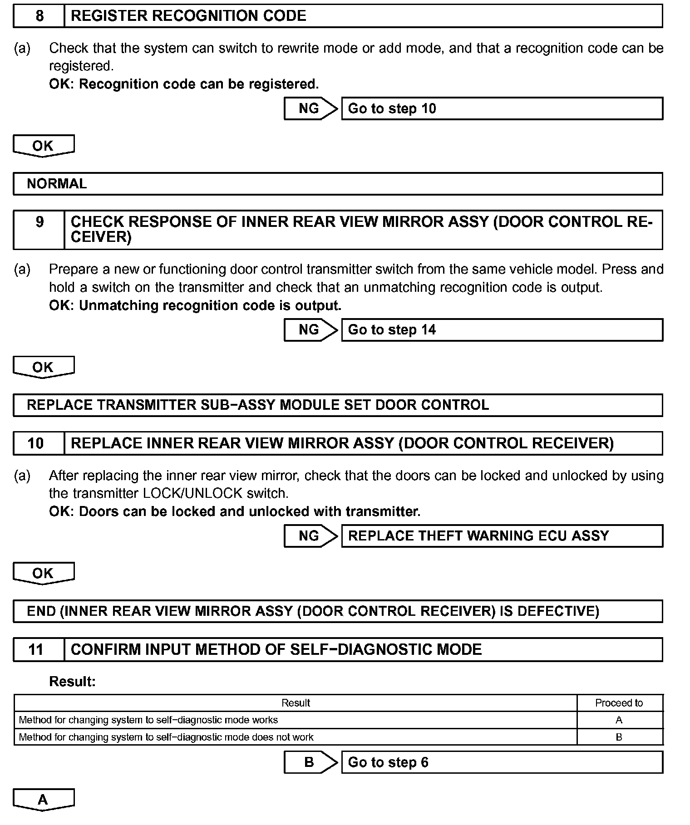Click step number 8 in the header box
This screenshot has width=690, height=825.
(x=39, y=16)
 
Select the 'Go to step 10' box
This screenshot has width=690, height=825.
(x=502, y=108)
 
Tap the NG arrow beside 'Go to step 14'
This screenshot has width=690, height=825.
(x=310, y=330)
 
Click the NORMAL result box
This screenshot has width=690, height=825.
(x=338, y=184)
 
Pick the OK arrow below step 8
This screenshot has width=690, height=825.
(x=44, y=146)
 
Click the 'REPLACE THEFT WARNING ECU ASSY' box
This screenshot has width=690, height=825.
(x=502, y=536)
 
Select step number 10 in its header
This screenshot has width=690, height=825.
(x=36, y=443)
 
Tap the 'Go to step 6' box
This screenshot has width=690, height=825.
(x=502, y=762)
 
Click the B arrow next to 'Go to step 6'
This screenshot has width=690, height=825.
(x=310, y=762)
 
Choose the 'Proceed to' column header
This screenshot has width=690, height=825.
(x=619, y=703)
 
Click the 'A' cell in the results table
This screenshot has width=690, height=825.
(x=619, y=720)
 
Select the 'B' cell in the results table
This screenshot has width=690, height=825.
(x=619, y=737)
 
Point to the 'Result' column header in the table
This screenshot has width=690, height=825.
(x=296, y=703)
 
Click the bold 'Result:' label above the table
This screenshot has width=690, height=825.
(x=73, y=682)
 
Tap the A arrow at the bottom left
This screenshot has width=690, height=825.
(x=44, y=800)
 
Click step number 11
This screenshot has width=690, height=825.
(x=36, y=650)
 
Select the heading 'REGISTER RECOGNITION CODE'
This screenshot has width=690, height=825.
(x=188, y=16)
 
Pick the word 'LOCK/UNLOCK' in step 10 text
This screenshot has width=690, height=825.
(x=192, y=493)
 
